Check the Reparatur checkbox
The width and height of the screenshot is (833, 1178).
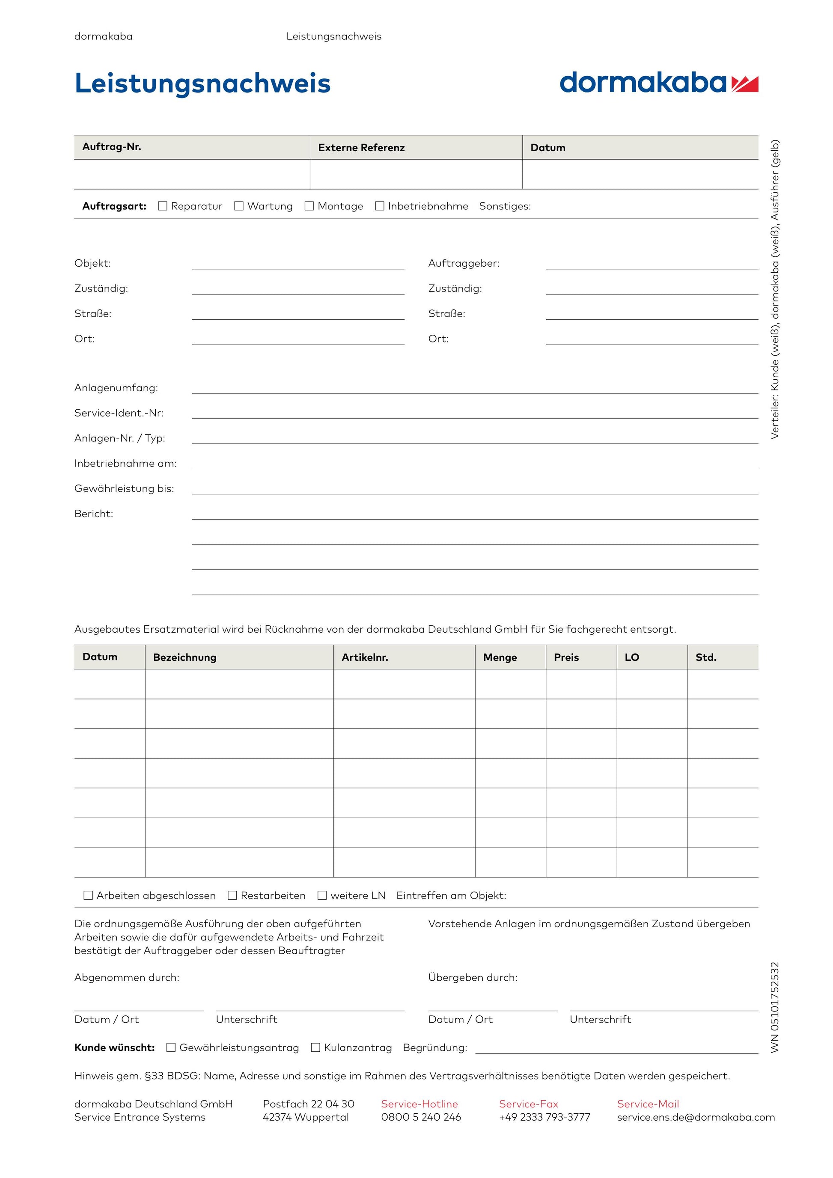163,206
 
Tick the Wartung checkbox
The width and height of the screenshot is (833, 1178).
238,206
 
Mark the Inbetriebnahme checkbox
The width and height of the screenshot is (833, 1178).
380,206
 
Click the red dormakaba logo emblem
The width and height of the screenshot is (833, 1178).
745,83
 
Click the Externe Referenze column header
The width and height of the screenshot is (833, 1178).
361,148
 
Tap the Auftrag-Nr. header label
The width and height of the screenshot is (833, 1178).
112,147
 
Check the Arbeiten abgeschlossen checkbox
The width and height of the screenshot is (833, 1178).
88,895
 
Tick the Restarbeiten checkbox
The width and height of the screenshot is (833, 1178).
232,895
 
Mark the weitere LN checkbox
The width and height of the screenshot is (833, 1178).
322,895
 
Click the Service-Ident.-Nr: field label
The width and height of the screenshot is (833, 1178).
119,413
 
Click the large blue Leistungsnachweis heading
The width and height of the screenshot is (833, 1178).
202,83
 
